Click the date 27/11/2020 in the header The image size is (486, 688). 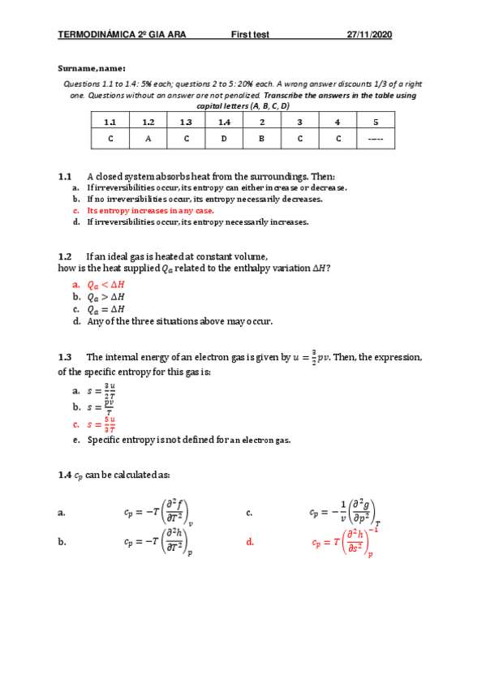(x=369, y=35)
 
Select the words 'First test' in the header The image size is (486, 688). (x=250, y=35)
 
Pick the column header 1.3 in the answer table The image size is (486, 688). (x=186, y=122)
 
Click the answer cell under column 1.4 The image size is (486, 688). (x=224, y=140)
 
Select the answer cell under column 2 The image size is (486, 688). (x=262, y=140)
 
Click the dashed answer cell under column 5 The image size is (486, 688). (x=376, y=140)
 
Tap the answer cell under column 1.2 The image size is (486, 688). (x=148, y=140)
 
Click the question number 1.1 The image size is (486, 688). (x=66, y=176)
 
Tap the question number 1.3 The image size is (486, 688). (x=66, y=356)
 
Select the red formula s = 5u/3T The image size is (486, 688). (x=101, y=424)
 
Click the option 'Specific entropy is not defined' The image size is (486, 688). (x=188, y=441)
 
